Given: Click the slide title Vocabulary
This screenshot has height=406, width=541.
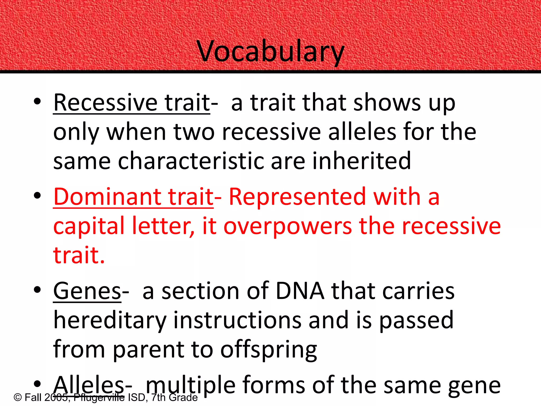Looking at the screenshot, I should pos(270,52).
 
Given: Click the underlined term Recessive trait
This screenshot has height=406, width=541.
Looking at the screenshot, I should pos(132,103).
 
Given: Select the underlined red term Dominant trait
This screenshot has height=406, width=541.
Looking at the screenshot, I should pos(133,197).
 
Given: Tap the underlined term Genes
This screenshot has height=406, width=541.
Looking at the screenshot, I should pos(87,291).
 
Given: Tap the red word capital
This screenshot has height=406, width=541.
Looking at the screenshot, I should pos(89,226).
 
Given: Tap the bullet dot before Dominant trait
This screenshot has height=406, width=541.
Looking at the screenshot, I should pos(37,196).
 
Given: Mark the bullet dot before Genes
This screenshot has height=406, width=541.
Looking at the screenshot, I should pos(37,290).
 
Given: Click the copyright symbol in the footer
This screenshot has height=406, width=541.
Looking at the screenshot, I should pos(17,398).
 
